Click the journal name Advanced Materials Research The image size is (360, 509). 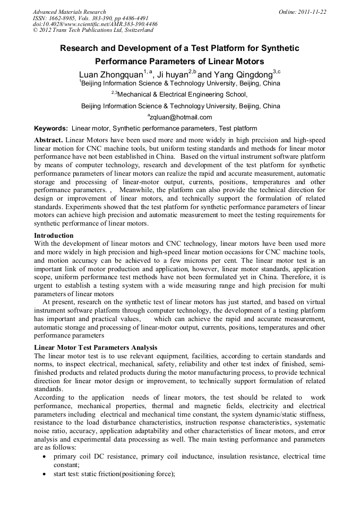point(69,12)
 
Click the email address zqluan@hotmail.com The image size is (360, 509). point(181,117)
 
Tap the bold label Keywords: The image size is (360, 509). point(51,128)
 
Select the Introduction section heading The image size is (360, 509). point(54,235)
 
